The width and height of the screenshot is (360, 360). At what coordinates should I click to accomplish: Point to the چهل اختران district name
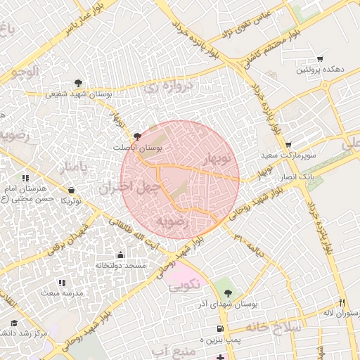tap(130, 187)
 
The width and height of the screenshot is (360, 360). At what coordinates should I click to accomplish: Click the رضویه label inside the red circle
tap(173, 222)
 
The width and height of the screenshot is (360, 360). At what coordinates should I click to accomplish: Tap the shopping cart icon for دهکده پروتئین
tap(321, 59)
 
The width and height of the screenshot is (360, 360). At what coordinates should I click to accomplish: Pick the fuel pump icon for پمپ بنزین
tap(221, 329)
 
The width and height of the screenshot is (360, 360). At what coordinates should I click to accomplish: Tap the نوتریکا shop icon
tap(72, 190)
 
